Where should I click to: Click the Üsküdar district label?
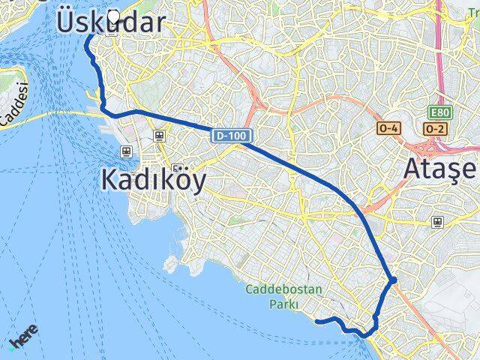click(110, 22)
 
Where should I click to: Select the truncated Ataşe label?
click(440, 169)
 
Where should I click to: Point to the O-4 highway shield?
click(388, 129)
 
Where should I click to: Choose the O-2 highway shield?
click(434, 129)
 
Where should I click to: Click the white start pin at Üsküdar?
click(113, 17)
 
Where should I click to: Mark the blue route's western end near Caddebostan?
click(317, 321)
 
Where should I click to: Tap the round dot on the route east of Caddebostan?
click(393, 280)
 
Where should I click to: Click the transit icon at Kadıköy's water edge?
click(126, 151)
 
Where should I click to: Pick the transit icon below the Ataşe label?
click(437, 222)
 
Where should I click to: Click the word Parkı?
click(286, 304)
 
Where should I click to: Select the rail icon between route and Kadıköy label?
click(159, 136)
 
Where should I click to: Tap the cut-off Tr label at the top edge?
click(471, 4)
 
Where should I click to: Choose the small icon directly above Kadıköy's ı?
click(177, 168)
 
